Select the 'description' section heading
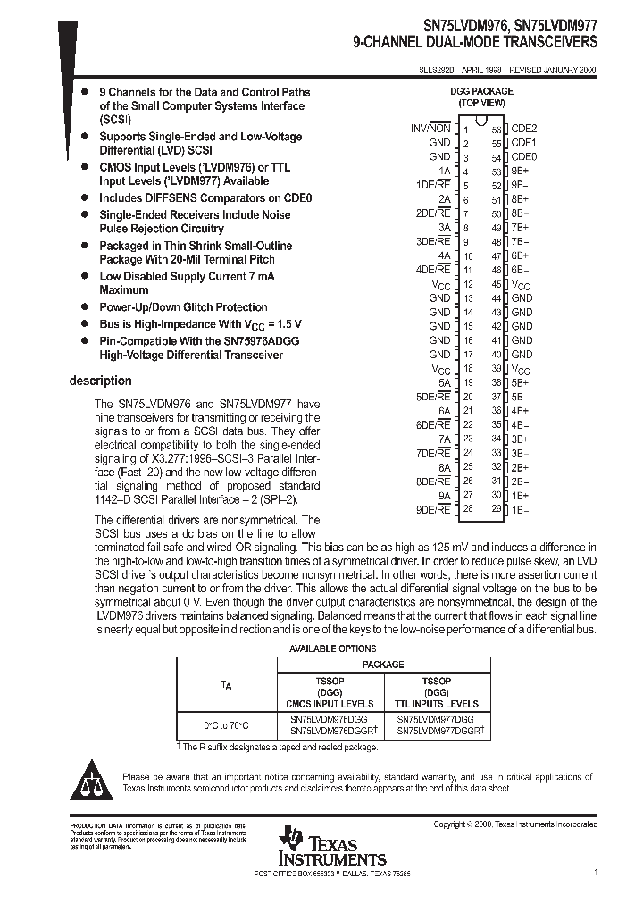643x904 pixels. coord(101,381)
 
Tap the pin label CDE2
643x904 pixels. coord(523,129)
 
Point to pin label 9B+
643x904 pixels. coord(521,171)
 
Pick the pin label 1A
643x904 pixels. coord(444,171)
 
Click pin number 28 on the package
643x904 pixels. coord(465,508)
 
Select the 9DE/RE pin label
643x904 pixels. coord(433,508)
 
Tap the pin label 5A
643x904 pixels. coord(444,382)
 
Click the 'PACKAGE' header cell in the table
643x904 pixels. coord(382,665)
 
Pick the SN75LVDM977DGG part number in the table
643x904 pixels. coord(436,718)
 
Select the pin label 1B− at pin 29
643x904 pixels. coord(521,508)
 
